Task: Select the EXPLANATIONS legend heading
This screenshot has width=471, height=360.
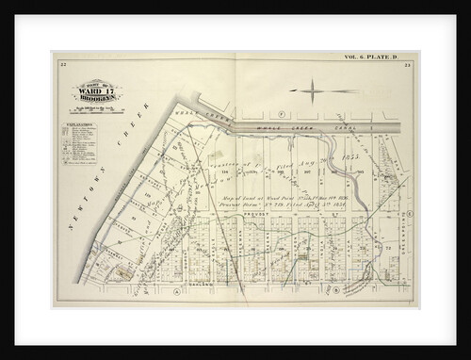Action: tap(81, 123)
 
